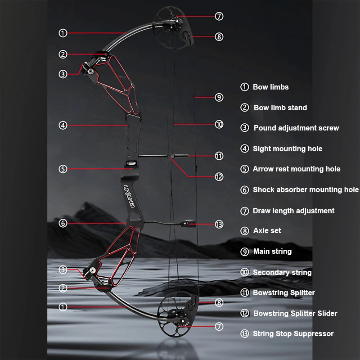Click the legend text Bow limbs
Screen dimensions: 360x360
270,87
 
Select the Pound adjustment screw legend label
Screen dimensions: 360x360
296,128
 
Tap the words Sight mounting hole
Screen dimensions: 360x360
288,148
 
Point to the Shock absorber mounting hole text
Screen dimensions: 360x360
306,190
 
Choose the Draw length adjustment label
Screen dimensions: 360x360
293,211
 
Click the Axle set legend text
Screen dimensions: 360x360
267,230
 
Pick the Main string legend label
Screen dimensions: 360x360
272,252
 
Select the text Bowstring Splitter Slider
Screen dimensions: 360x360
295,313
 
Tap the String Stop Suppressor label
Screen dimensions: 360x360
293,333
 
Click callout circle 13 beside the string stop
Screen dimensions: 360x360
219,224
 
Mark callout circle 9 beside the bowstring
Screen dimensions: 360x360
219,97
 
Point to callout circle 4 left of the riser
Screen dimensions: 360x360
63,126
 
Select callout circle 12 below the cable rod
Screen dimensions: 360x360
219,177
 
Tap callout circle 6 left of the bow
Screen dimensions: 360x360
63,223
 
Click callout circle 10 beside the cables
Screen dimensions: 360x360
219,125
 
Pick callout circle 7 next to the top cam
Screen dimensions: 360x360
219,16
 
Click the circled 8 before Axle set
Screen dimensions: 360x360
245,231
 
